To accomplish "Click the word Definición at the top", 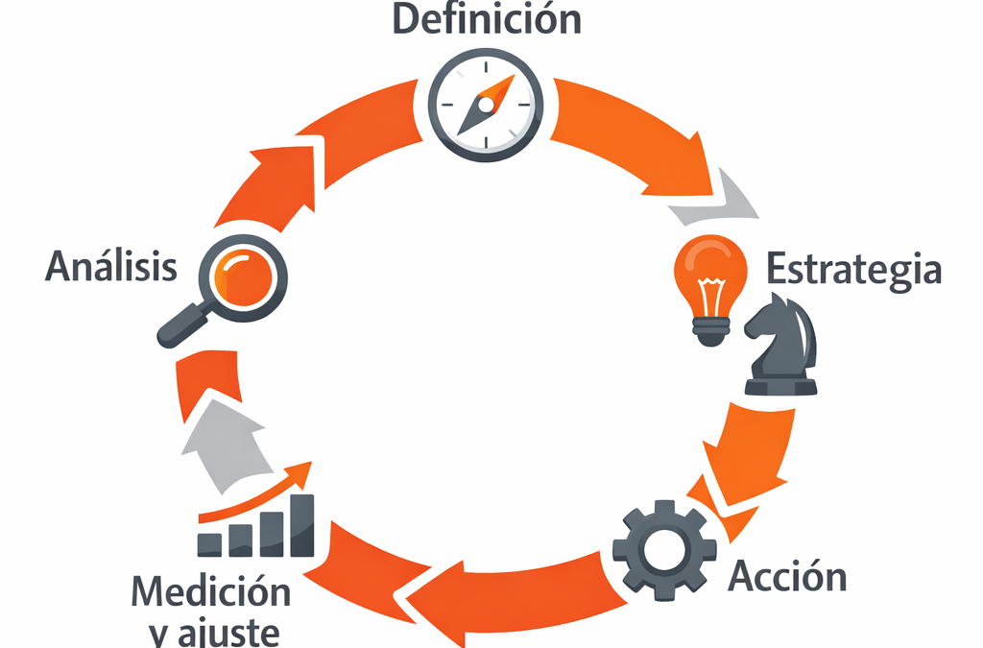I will point(487,18).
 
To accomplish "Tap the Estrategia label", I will point(853,269).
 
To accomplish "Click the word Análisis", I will point(111,266).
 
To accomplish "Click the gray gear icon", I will point(661,550).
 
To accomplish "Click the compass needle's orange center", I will point(488,103).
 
